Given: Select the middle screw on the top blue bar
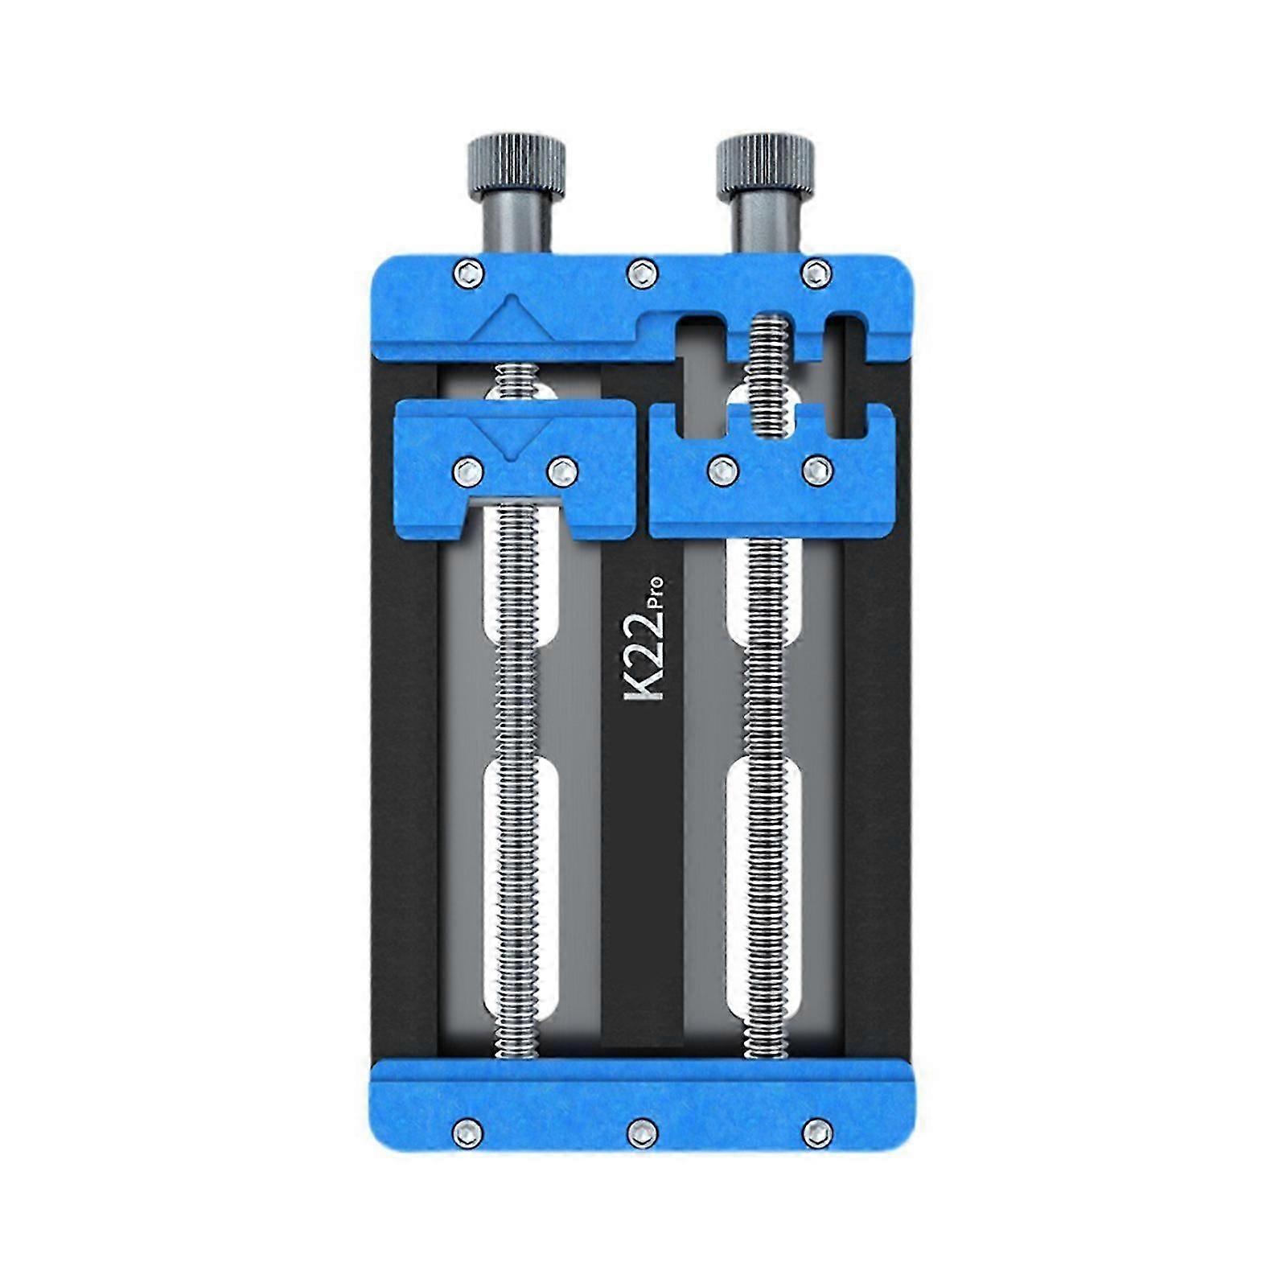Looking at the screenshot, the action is pos(641,273).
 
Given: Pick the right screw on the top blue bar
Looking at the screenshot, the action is pos(816,273).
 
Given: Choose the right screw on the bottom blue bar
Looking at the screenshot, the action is pos(816,1134).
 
